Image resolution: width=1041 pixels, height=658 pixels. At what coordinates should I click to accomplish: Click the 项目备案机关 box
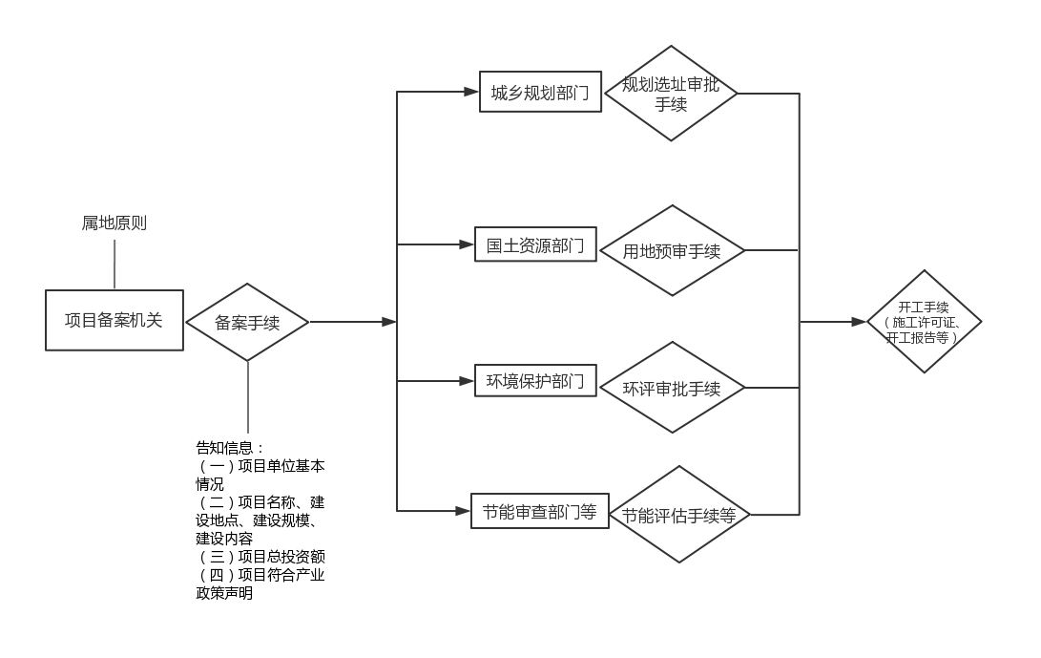114,320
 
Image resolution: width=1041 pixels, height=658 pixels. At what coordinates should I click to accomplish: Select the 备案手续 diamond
247,322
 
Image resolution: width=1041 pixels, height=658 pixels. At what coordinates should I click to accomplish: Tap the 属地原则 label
114,223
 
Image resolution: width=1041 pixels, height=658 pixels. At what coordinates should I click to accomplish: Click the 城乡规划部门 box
540,93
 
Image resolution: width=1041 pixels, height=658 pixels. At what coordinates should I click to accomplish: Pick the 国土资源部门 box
535,245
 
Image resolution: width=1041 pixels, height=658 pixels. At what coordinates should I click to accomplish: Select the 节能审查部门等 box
539,512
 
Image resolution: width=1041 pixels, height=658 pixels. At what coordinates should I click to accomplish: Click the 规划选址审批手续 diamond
672,94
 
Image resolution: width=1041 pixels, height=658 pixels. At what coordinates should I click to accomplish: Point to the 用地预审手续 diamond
672,251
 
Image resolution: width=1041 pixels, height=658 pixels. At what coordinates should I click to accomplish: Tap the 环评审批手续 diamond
672,388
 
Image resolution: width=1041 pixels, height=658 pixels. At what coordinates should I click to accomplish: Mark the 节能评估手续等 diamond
678,515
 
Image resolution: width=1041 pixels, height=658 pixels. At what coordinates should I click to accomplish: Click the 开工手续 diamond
923,322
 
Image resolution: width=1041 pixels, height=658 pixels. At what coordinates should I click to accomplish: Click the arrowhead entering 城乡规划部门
470,93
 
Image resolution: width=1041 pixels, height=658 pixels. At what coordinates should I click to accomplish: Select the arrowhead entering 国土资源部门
468,245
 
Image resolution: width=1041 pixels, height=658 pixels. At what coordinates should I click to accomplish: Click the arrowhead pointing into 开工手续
859,322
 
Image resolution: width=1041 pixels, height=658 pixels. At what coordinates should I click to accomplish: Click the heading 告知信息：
230,448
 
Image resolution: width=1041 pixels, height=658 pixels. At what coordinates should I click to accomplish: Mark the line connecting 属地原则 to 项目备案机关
115,264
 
